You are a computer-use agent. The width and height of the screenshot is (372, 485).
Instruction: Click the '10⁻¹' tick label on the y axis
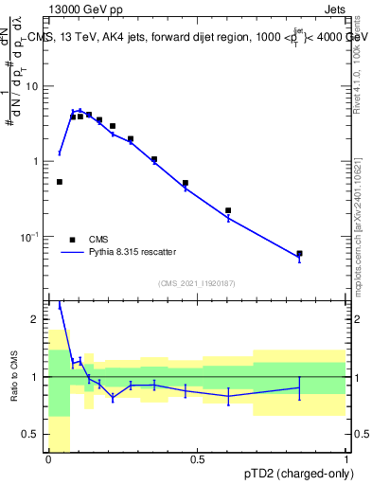(33, 237)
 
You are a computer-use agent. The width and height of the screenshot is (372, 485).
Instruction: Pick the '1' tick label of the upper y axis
(39, 162)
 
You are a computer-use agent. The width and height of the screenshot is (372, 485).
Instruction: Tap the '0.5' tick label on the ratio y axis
(35, 435)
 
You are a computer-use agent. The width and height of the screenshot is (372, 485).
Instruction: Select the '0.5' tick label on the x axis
(197, 460)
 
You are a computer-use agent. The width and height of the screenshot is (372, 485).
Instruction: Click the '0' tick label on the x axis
(48, 460)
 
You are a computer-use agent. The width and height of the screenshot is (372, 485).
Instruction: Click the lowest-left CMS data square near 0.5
(60, 182)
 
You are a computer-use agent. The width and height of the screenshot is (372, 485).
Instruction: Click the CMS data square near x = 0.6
(228, 210)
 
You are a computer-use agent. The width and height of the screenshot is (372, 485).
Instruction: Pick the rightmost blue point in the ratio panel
(299, 386)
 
